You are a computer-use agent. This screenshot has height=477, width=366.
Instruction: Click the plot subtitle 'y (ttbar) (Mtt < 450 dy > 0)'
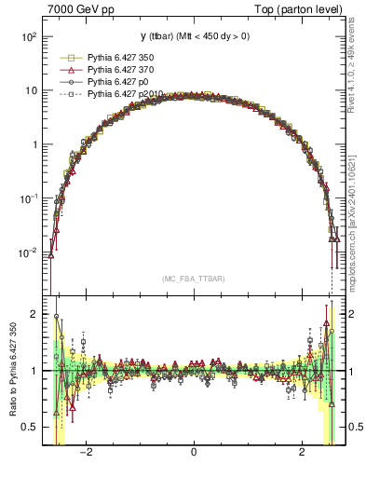coord(194,36)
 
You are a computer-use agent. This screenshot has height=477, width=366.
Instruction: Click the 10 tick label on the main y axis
coord(30,90)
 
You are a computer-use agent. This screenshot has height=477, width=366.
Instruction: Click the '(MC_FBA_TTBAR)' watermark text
coord(193,279)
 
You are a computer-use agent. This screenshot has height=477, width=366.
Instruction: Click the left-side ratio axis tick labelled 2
coord(33,315)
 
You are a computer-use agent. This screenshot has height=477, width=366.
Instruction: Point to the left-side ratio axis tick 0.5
coord(30,427)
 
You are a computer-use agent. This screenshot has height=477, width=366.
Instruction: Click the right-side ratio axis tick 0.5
coord(355,427)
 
